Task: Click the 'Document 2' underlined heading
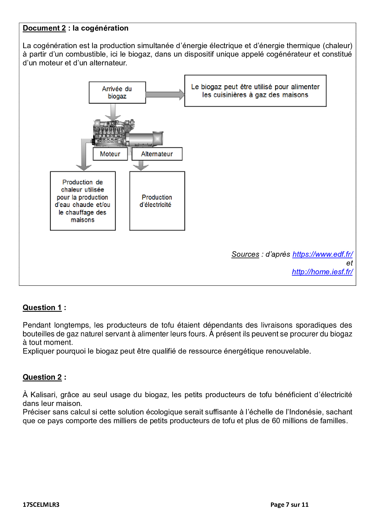pyautogui.click(x=44, y=28)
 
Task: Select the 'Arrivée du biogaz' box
pyautogui.click(x=117, y=92)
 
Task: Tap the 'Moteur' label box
pyautogui.click(x=110, y=154)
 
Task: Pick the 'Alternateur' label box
pyautogui.click(x=157, y=154)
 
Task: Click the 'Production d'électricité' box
pyautogui.click(x=157, y=201)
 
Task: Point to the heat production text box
pyautogui.click(x=83, y=201)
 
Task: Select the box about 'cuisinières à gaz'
pyautogui.click(x=255, y=91)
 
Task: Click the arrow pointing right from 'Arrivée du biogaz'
pyautogui.click(x=165, y=94)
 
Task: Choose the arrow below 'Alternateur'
pyautogui.click(x=141, y=166)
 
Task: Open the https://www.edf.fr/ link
pyautogui.click(x=322, y=254)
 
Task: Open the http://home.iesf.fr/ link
pyautogui.click(x=322, y=272)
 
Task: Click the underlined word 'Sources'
pyautogui.click(x=245, y=254)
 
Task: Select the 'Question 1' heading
pyautogui.click(x=42, y=308)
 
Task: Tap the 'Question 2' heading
pyautogui.click(x=42, y=377)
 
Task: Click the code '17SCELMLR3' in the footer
pyautogui.click(x=41, y=505)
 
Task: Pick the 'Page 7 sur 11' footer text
pyautogui.click(x=289, y=505)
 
